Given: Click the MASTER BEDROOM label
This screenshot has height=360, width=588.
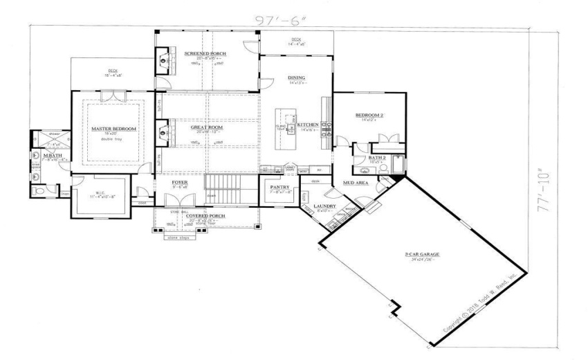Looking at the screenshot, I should point(114,129).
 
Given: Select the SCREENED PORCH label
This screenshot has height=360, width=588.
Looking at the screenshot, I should point(201,53).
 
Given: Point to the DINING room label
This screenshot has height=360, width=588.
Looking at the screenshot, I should point(297,78).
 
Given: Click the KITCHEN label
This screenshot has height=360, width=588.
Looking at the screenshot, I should point(308,125).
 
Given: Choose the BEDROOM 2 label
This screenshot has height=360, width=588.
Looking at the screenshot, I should point(369,115).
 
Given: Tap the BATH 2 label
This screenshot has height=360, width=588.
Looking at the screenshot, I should point(377,158).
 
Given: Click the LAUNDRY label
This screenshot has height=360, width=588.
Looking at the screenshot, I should point(324,206).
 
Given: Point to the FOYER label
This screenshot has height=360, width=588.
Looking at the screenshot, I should point(180,182).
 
